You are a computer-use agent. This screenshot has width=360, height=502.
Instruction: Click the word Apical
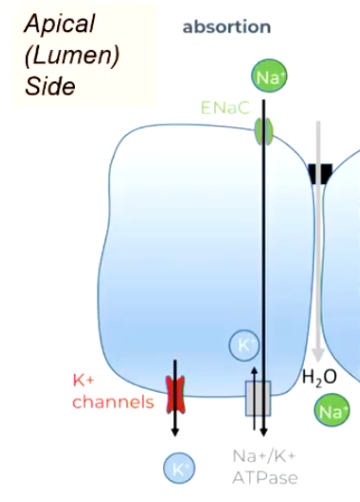61,23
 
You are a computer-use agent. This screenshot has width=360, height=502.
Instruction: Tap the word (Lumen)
72,54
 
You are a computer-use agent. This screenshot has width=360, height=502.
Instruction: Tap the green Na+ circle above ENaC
265,77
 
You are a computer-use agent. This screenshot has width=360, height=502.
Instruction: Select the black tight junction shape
321,174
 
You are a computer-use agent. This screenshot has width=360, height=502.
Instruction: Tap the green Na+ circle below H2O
331,411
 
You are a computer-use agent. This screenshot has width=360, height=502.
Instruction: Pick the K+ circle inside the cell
244,345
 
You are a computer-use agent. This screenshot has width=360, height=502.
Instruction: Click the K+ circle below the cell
177,467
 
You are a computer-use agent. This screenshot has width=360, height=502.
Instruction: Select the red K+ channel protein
176,393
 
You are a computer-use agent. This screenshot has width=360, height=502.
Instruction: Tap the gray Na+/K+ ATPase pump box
258,397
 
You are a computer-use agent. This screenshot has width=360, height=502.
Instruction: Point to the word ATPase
264,478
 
